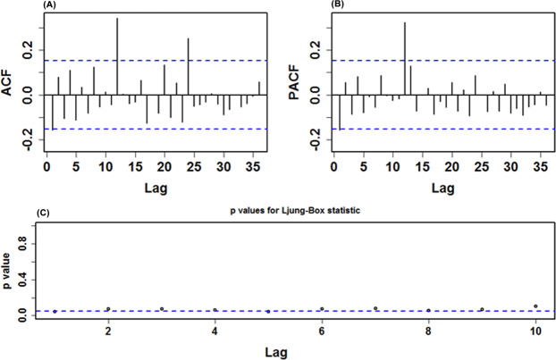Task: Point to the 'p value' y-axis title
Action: coord(8,268)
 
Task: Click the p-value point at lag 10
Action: coord(535,306)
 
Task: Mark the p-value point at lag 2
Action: coord(108,309)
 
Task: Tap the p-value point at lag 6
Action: coord(322,309)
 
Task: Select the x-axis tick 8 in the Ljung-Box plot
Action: coord(428,331)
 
